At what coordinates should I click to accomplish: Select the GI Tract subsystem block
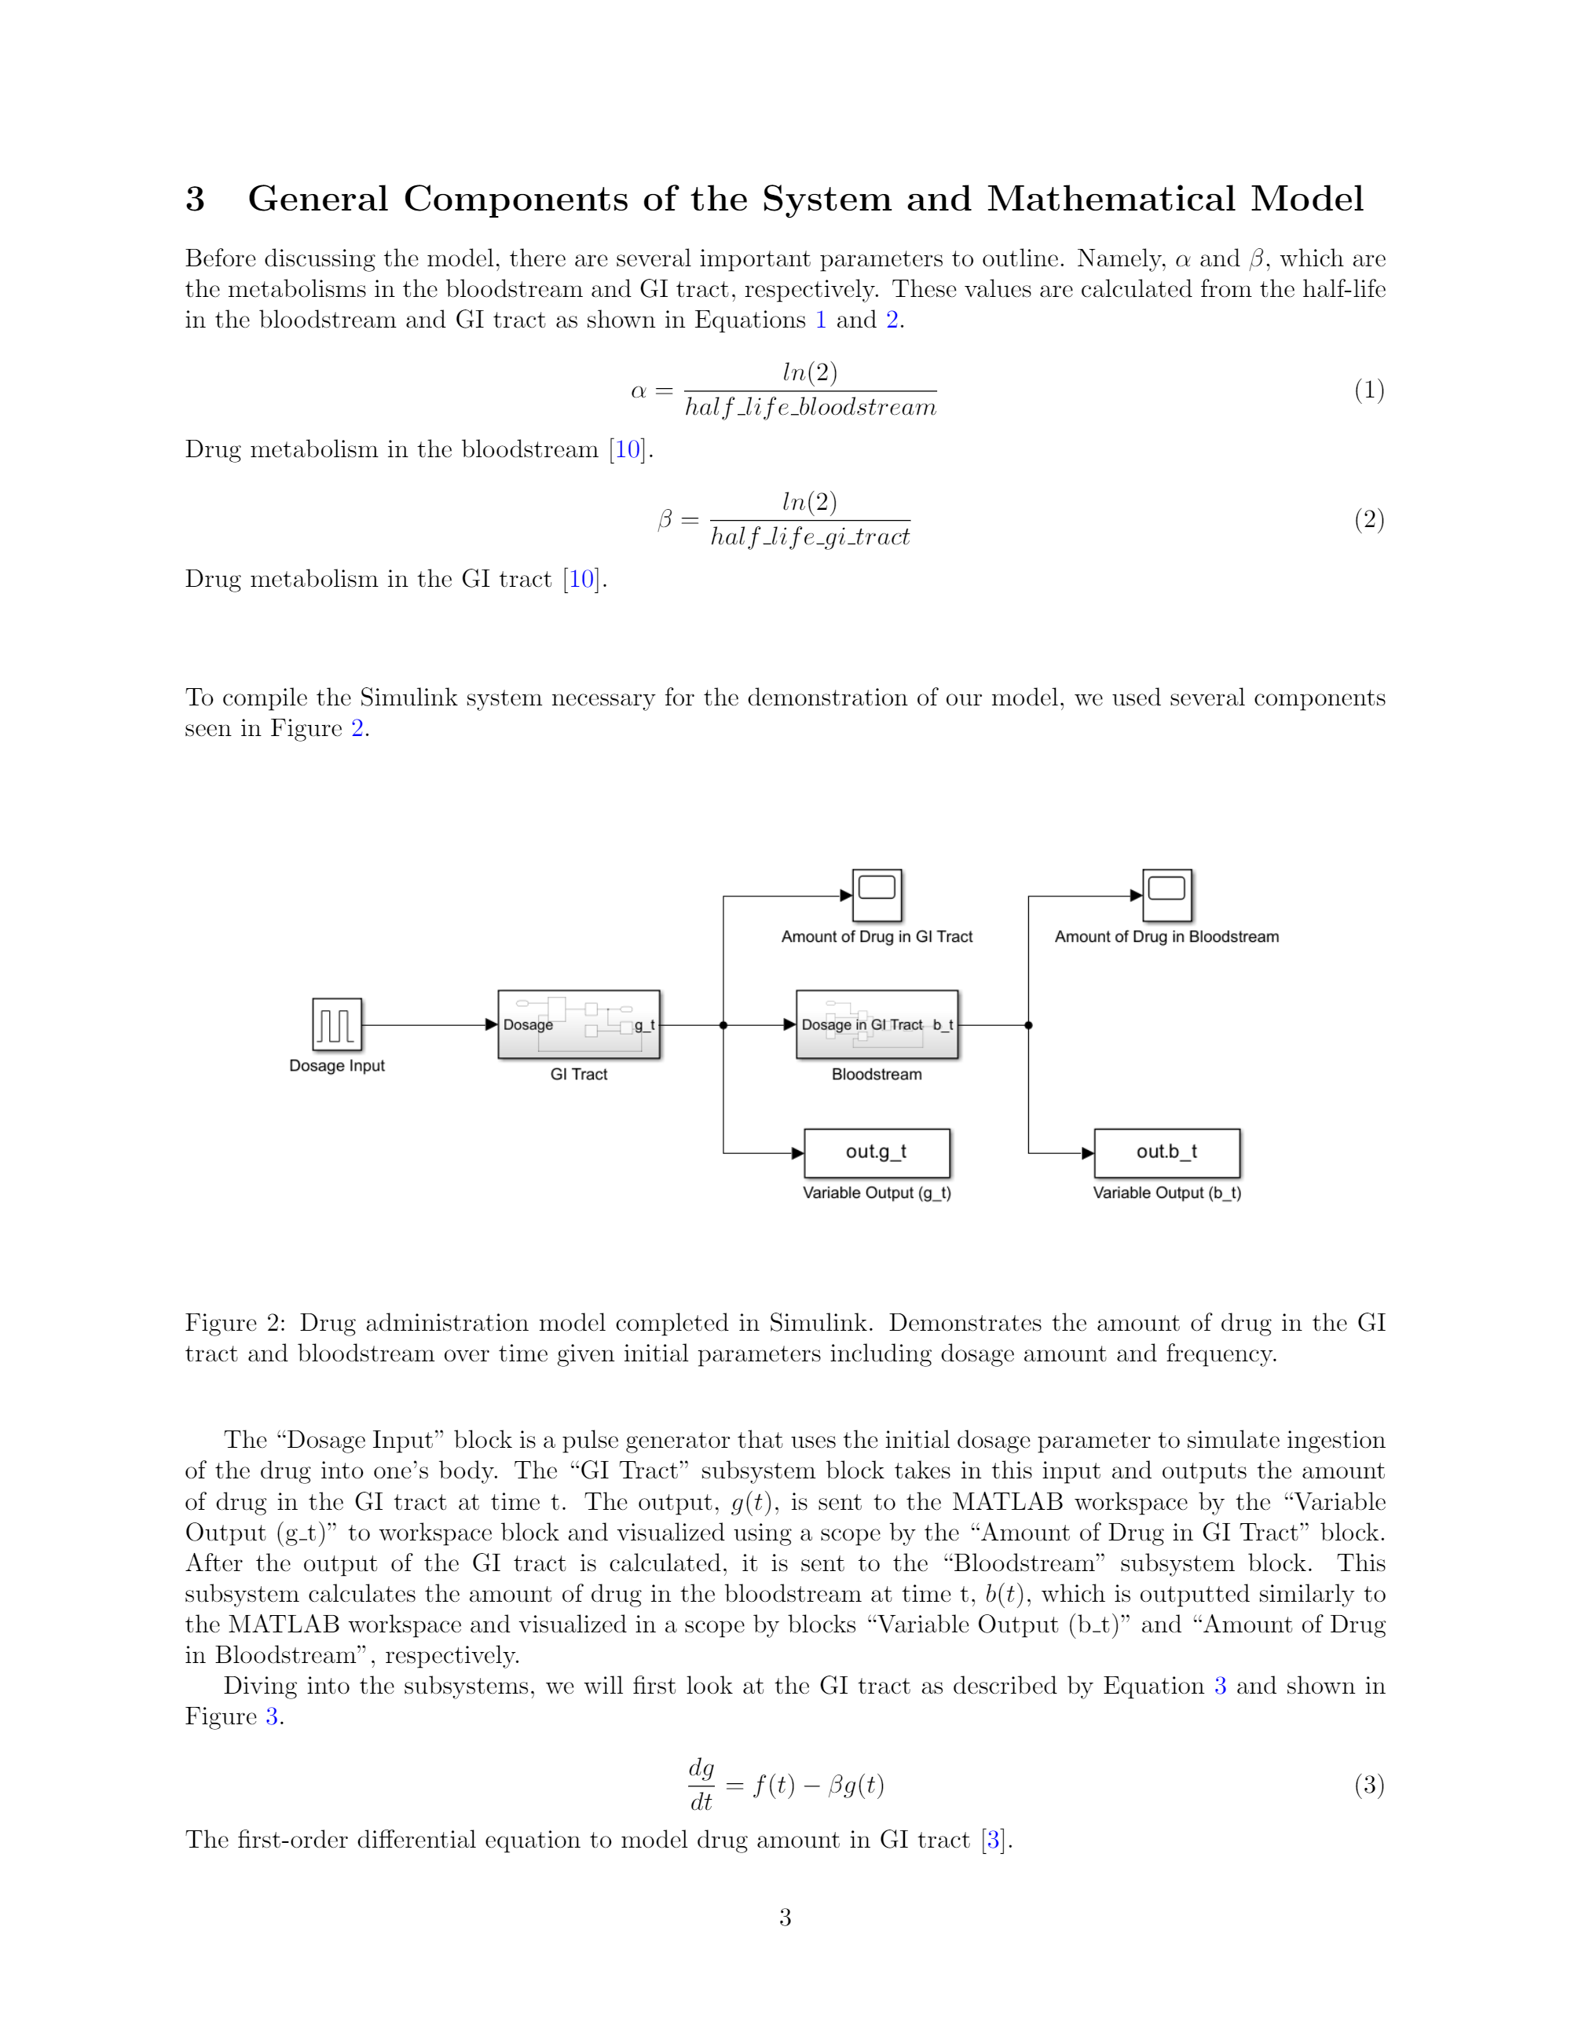pyautogui.click(x=579, y=1024)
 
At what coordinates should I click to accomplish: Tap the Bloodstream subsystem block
pyautogui.click(x=877, y=1024)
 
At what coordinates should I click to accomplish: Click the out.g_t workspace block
pyautogui.click(x=877, y=1152)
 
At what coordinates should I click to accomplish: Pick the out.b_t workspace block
pyautogui.click(x=1167, y=1152)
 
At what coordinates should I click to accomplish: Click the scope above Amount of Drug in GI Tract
pyautogui.click(x=877, y=895)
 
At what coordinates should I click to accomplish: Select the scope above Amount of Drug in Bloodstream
pyautogui.click(x=1167, y=895)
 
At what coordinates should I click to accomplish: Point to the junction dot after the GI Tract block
pyautogui.click(x=723, y=1025)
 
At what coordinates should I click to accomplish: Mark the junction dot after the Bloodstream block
pyautogui.click(x=1028, y=1025)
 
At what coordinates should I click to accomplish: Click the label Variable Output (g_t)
pyautogui.click(x=877, y=1192)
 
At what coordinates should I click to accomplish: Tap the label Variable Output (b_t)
pyautogui.click(x=1167, y=1192)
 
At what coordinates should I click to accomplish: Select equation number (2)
pyautogui.click(x=1369, y=518)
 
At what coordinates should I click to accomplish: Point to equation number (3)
pyautogui.click(x=1369, y=1785)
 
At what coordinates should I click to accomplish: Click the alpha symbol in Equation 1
pyautogui.click(x=639, y=391)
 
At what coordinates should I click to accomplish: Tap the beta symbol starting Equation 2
pyautogui.click(x=665, y=519)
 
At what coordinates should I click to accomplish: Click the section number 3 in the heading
pyautogui.click(x=196, y=200)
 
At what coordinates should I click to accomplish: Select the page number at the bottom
pyautogui.click(x=785, y=1917)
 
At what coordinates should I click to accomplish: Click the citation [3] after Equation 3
pyautogui.click(x=993, y=1840)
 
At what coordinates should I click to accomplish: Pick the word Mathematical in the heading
pyautogui.click(x=1111, y=200)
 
